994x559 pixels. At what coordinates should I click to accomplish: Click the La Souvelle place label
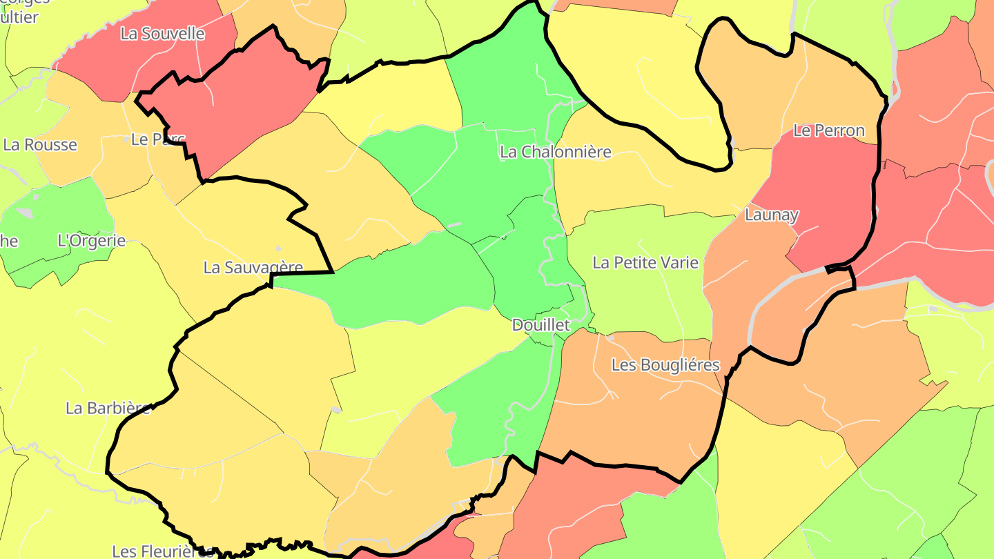click(162, 33)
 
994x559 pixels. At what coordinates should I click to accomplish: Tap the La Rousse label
click(40, 145)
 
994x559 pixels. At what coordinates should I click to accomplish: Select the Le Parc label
click(158, 139)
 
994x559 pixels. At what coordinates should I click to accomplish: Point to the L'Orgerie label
click(92, 241)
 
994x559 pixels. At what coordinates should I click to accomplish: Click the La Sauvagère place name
click(253, 267)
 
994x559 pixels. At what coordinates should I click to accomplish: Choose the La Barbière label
click(108, 408)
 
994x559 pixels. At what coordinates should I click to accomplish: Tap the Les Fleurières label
click(163, 551)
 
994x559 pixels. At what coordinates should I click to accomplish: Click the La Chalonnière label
click(555, 152)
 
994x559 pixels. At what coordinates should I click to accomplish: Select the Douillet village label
click(540, 325)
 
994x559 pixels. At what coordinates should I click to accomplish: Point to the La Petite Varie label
click(645, 263)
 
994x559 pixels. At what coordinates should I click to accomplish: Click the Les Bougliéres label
click(665, 365)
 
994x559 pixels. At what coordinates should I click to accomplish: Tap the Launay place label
click(771, 215)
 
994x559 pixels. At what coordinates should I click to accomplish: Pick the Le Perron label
click(828, 130)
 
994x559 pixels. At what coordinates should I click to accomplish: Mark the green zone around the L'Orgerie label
click(62, 214)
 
